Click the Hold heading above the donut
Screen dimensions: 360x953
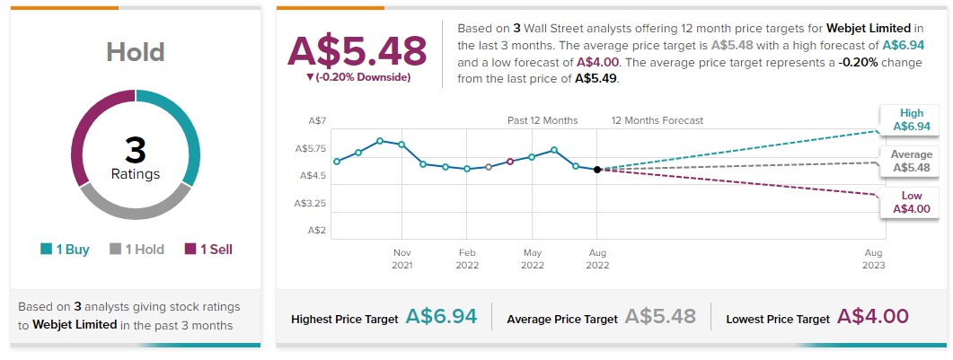click(x=135, y=51)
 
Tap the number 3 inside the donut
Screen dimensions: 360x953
click(x=135, y=150)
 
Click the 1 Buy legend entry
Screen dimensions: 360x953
click(x=65, y=250)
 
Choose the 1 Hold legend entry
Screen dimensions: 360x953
click(x=137, y=250)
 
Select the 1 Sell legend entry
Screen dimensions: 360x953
click(x=208, y=250)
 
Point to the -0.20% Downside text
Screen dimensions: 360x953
click(x=358, y=77)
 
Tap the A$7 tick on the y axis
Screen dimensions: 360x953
click(x=316, y=120)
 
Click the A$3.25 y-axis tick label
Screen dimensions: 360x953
click(x=311, y=204)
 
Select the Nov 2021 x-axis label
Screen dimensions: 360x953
click(x=401, y=259)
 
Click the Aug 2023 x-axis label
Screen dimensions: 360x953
click(x=874, y=259)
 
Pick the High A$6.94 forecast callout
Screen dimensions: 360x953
click(x=911, y=119)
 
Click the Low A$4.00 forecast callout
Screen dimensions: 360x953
click(x=911, y=202)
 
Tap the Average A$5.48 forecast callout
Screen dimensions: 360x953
click(x=911, y=161)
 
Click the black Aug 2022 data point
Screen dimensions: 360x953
click(x=597, y=169)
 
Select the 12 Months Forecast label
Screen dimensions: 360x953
click(x=657, y=120)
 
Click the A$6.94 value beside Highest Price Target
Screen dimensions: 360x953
click(x=441, y=316)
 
